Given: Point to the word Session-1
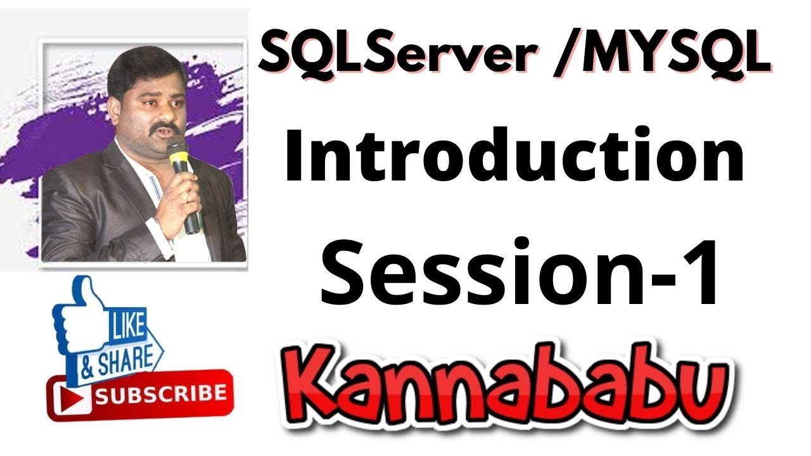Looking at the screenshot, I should click(x=520, y=272).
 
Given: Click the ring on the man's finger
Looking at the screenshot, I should click(x=184, y=197).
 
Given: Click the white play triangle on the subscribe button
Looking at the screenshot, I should click(x=70, y=396).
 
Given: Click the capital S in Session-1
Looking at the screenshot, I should click(x=346, y=272).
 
